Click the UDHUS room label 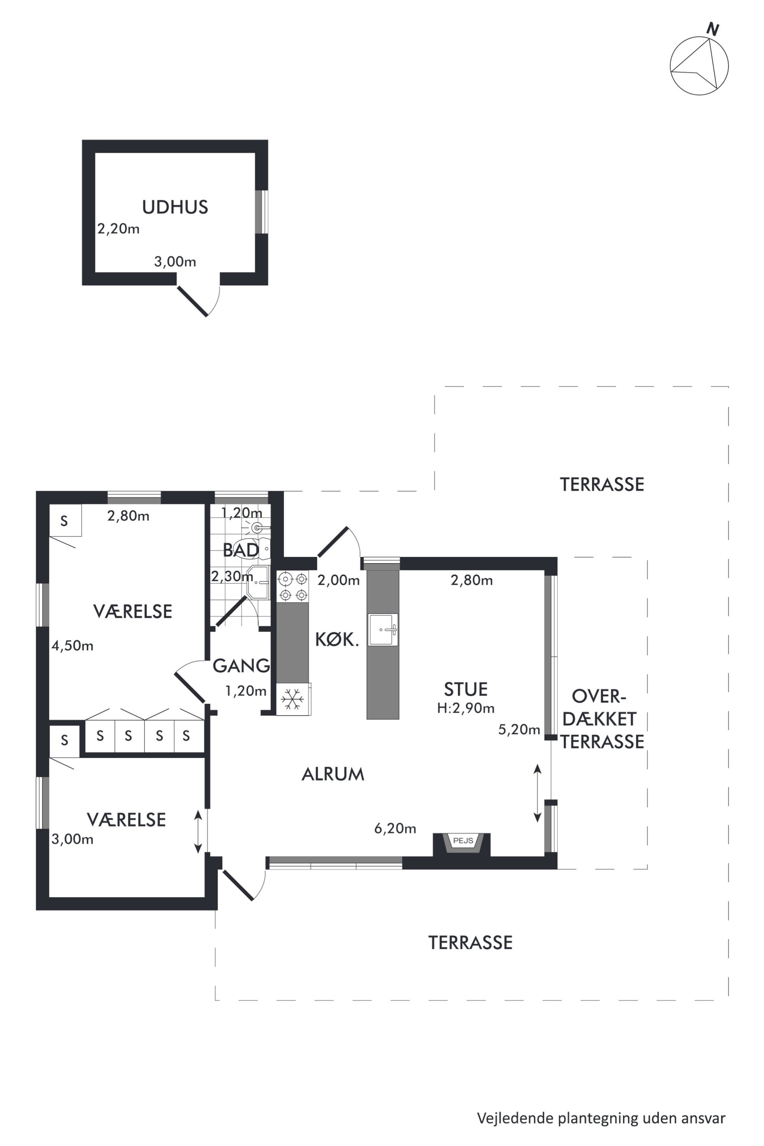pyautogui.click(x=175, y=207)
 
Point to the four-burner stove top pyautogui.click(x=293, y=586)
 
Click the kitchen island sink pyautogui.click(x=383, y=630)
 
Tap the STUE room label pyautogui.click(x=466, y=689)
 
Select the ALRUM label pyautogui.click(x=333, y=774)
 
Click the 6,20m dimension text pyautogui.click(x=395, y=828)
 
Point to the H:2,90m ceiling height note pyautogui.click(x=466, y=708)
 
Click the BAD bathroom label pyautogui.click(x=241, y=550)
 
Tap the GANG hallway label pyautogui.click(x=241, y=665)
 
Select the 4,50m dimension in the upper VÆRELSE pyautogui.click(x=73, y=646)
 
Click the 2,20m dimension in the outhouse pyautogui.click(x=118, y=228)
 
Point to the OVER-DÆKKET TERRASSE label pyautogui.click(x=602, y=719)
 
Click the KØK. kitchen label pyautogui.click(x=337, y=640)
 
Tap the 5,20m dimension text pyautogui.click(x=519, y=729)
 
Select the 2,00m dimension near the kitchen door pyautogui.click(x=338, y=580)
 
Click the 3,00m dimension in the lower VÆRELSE pyautogui.click(x=73, y=839)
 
